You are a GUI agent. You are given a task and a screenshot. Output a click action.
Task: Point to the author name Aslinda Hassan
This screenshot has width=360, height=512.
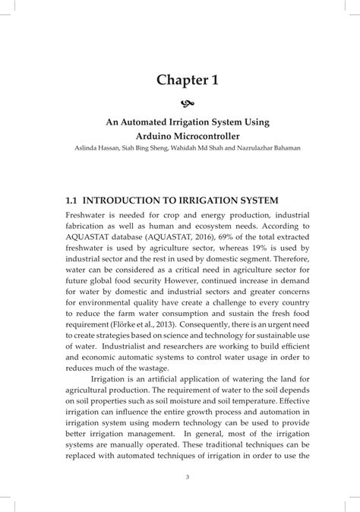point(88,148)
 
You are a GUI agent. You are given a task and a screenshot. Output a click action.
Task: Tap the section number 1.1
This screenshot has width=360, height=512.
point(73,201)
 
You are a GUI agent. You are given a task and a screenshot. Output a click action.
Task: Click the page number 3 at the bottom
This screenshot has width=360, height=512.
point(180,477)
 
